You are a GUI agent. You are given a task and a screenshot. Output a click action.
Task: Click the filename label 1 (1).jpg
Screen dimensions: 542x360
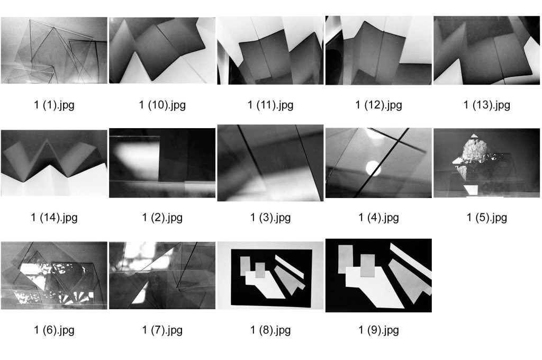(x=55, y=105)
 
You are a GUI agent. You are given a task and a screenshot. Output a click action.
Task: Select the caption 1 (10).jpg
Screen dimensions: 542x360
(x=162, y=105)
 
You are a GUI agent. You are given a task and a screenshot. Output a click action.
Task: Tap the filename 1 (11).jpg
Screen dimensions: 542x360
(x=270, y=105)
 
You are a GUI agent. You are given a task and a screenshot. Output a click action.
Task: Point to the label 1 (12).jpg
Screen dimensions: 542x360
(x=379, y=105)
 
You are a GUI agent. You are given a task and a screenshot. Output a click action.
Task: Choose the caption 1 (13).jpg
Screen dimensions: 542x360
(x=487, y=105)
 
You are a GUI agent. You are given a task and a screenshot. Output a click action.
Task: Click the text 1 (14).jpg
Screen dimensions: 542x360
(x=55, y=218)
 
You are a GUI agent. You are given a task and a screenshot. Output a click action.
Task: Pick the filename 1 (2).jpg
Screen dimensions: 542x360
(x=162, y=218)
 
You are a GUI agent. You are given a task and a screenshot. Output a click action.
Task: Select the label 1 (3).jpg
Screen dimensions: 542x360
(x=270, y=218)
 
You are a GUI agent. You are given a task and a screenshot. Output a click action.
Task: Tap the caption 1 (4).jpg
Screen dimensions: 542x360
(x=379, y=218)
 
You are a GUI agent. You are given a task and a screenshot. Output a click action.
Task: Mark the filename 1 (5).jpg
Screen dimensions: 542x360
(x=487, y=218)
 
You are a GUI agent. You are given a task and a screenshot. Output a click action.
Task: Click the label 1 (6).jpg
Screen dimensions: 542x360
(x=55, y=330)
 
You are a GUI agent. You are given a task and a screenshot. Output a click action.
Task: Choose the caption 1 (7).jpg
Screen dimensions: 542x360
(x=162, y=330)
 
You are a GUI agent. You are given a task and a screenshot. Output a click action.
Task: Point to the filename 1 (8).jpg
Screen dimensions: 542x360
(x=270, y=330)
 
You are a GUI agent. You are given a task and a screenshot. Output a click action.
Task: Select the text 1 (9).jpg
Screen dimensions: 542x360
(x=379, y=330)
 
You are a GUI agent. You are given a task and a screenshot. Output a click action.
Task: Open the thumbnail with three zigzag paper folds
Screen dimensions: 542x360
(x=55, y=163)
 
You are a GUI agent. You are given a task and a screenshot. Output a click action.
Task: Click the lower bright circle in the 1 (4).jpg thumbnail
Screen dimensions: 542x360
(x=373, y=168)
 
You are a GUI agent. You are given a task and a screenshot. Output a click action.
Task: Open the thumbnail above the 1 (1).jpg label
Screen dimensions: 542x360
(x=55, y=50)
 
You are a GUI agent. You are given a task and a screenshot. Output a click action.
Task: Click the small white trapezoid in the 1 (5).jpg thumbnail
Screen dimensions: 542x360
(x=471, y=190)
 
